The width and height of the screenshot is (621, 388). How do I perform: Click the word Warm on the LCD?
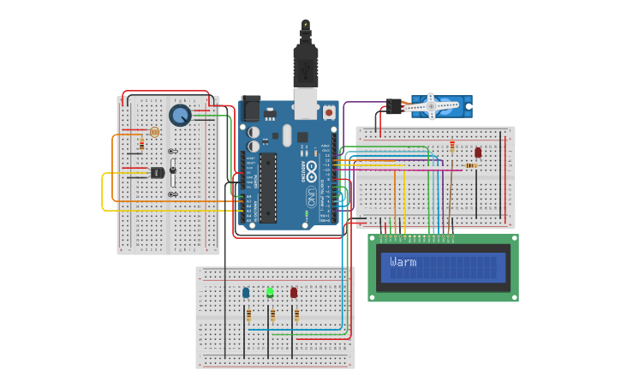(403, 262)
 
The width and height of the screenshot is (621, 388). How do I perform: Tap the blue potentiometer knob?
(180, 116)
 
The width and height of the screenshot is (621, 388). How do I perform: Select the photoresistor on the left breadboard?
(154, 132)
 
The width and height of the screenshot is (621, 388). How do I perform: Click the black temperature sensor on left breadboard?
(157, 172)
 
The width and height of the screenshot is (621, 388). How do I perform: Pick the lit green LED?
(270, 292)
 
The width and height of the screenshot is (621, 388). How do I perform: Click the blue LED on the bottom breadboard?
(246, 293)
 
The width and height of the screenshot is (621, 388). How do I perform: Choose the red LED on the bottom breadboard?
(294, 293)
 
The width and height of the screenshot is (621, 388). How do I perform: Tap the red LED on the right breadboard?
(478, 152)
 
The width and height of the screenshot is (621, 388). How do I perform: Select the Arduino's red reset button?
(328, 111)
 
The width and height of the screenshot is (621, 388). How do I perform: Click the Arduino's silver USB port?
(305, 102)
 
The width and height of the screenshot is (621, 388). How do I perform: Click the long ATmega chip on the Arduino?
(268, 188)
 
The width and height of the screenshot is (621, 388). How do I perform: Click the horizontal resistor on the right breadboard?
(470, 165)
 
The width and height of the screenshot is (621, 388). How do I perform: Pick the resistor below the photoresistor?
(141, 146)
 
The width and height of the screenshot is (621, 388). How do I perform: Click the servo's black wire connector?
(394, 106)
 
